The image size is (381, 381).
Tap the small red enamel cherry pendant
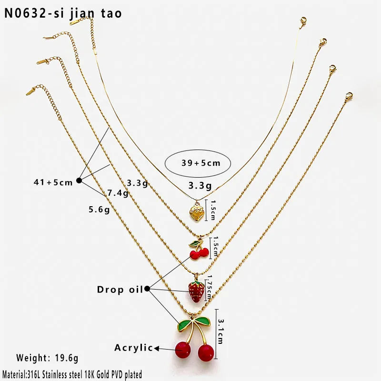(x=199, y=251)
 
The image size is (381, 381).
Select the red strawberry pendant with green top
(x=196, y=291)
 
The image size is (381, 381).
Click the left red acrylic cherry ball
(x=183, y=350)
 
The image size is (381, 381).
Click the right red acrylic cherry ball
(x=206, y=352)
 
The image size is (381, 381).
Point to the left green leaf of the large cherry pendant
(x=185, y=325)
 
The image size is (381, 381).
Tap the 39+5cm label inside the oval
(x=201, y=163)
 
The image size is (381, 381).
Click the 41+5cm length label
(x=53, y=182)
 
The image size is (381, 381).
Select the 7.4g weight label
(x=118, y=193)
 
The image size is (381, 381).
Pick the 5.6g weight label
(x=99, y=210)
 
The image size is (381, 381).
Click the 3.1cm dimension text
(x=221, y=331)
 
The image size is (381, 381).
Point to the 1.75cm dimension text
(x=209, y=288)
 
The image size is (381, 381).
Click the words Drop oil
(x=120, y=290)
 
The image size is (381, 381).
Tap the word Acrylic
(x=134, y=348)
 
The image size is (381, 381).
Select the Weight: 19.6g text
(x=47, y=358)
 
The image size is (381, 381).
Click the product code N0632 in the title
(x=25, y=13)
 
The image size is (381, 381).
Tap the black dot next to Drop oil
(x=147, y=289)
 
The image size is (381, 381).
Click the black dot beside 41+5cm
(x=79, y=180)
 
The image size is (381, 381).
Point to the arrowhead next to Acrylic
(x=157, y=349)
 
